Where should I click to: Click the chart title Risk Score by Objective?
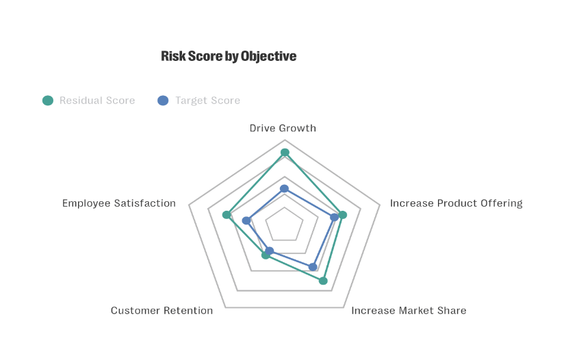click(x=229, y=56)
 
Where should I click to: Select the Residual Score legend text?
click(x=97, y=101)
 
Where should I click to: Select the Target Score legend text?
click(x=207, y=101)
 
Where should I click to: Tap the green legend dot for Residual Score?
click(x=48, y=101)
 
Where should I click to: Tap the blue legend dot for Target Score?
click(x=163, y=101)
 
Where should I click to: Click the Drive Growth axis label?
click(x=283, y=128)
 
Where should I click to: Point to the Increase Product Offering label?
click(x=456, y=203)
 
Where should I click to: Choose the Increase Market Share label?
click(x=409, y=311)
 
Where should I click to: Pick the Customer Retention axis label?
click(x=162, y=311)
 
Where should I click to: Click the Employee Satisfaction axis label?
click(x=119, y=203)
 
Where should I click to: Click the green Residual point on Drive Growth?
click(x=285, y=152)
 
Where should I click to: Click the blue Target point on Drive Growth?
click(x=285, y=188)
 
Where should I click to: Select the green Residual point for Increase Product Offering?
click(x=343, y=215)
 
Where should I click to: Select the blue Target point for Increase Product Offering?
click(x=334, y=218)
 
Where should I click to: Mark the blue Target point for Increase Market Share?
click(x=313, y=267)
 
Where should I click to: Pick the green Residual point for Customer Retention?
click(x=266, y=255)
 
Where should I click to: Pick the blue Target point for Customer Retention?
click(x=270, y=250)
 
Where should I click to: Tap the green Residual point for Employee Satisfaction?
click(x=227, y=215)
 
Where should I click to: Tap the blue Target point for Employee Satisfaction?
click(x=246, y=220)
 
